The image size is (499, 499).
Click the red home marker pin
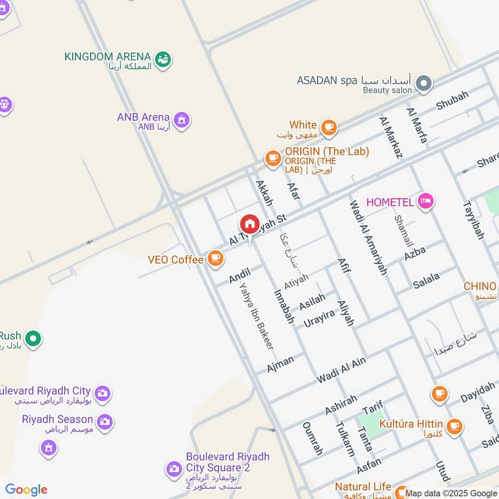click(x=249, y=224)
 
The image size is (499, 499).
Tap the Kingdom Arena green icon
click(x=163, y=60)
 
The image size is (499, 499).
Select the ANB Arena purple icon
click(x=182, y=119)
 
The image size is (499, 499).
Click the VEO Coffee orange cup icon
click(x=215, y=258)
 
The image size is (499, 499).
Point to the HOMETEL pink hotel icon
click(x=427, y=201)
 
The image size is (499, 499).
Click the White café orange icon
click(x=329, y=128)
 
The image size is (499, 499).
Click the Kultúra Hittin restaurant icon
click(x=455, y=426)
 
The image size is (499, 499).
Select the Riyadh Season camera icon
click(x=105, y=422)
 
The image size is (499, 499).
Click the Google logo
click(x=26, y=490)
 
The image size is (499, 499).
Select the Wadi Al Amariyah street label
click(x=368, y=237)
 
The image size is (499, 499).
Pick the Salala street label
click(x=427, y=281)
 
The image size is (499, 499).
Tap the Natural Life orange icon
click(x=401, y=491)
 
